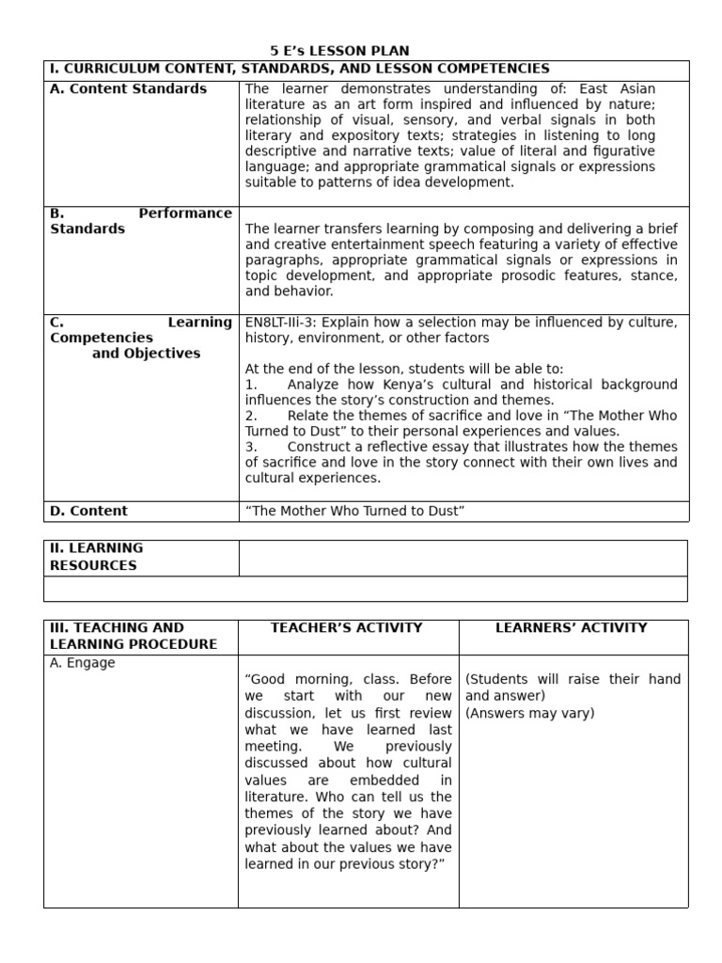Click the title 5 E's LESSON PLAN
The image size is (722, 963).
(339, 51)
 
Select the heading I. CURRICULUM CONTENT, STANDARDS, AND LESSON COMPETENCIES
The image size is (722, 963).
(299, 69)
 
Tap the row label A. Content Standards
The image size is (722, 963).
(128, 88)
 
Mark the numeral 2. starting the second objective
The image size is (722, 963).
(251, 416)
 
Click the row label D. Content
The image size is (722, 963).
(88, 511)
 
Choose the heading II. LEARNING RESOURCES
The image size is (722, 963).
(96, 557)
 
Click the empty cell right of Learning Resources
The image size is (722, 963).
(463, 557)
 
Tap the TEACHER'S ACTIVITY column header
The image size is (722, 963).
(347, 627)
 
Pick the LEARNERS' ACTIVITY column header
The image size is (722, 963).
(572, 627)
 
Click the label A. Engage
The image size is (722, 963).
(83, 663)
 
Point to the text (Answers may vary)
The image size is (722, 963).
(530, 713)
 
